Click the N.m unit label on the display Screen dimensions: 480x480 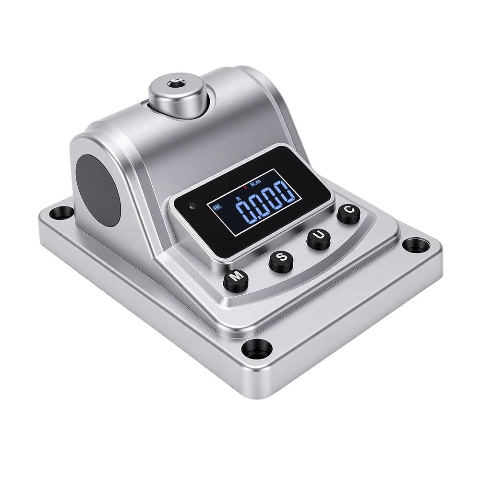[x=255, y=184]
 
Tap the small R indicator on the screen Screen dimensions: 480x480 [x=239, y=198]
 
